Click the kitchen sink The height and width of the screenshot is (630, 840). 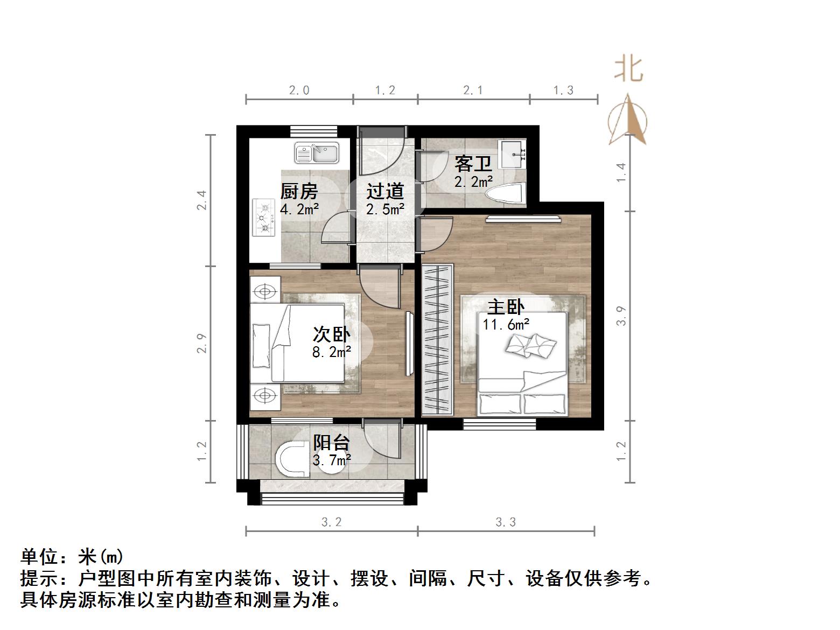[x=316, y=153]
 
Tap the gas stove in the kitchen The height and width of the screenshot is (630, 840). [x=264, y=217]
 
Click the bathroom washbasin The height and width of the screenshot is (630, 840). [x=512, y=154]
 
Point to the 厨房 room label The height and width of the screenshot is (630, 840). [x=299, y=191]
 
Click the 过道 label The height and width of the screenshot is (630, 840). [x=385, y=191]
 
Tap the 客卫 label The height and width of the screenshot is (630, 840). [x=473, y=163]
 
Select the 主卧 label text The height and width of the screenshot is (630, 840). [x=506, y=307]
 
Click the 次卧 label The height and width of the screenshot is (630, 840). [x=331, y=335]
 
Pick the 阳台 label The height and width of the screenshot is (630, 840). [x=332, y=443]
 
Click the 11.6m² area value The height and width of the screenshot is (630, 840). [x=506, y=325]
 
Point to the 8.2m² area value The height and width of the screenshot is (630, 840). [x=332, y=352]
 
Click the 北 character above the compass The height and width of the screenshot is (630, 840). [x=629, y=70]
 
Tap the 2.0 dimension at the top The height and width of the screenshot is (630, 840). [x=299, y=90]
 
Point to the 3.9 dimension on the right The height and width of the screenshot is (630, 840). [x=621, y=315]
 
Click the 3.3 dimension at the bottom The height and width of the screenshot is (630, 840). [x=506, y=522]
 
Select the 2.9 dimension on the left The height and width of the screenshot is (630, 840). [x=201, y=343]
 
